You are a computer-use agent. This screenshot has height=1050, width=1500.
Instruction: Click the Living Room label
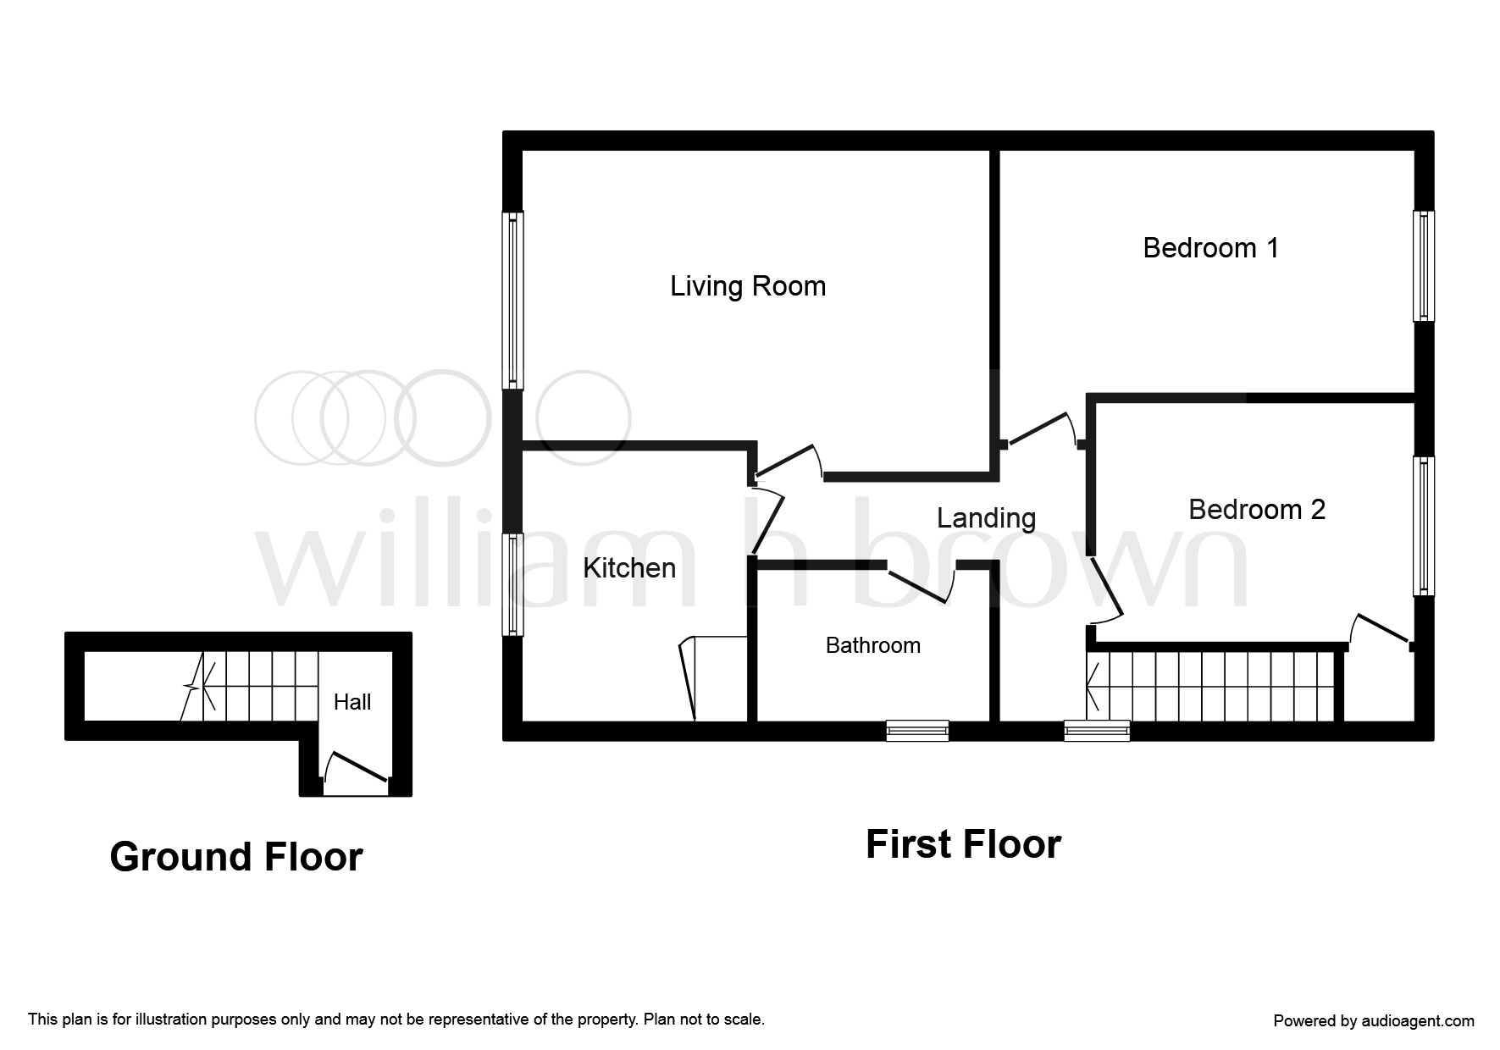[x=748, y=286]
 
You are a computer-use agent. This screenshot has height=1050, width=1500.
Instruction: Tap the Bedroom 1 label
[x=1210, y=248]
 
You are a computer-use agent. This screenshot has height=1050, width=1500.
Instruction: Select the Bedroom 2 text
[x=1257, y=510]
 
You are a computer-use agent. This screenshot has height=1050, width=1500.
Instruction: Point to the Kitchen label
[x=629, y=567]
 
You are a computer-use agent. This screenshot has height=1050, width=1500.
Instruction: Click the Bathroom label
[x=873, y=645]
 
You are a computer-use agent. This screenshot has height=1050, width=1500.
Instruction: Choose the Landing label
[x=987, y=518]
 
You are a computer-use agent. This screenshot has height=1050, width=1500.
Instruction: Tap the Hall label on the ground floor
[x=352, y=702]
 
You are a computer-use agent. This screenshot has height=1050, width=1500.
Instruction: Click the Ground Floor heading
[x=236, y=857]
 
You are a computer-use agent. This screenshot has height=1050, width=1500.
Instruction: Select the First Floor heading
[x=963, y=844]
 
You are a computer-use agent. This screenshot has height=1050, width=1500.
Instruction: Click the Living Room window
[x=512, y=301]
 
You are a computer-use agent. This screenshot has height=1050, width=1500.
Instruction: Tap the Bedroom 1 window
[x=1424, y=266]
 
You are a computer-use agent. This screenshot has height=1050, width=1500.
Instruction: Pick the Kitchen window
[x=512, y=584]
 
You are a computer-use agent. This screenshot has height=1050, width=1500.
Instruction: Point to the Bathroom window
[x=917, y=731]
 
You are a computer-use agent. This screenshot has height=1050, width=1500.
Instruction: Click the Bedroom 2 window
[x=1424, y=526]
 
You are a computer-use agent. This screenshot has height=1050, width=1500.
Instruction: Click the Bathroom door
[x=921, y=584]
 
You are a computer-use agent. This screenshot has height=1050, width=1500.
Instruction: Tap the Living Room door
[x=787, y=462]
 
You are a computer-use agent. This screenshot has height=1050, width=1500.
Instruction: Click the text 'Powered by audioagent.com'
[x=1374, y=1021]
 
